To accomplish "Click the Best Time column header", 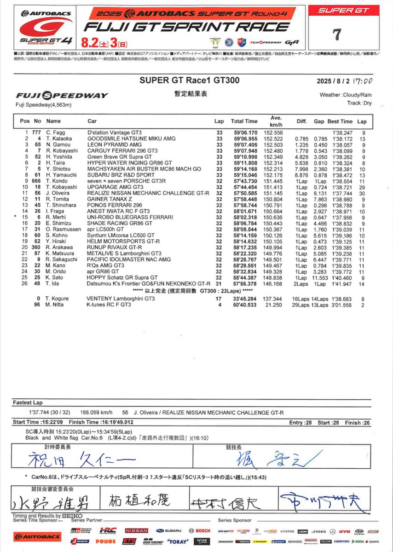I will pyautogui.click(x=340, y=121).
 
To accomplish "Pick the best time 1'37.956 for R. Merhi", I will pyautogui.click(x=340, y=216).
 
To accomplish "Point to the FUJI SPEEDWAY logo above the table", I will pyautogui.click(x=62, y=96).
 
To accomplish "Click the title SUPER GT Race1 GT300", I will pyautogui.click(x=179, y=80).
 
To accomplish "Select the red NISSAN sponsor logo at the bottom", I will pyautogui.click(x=136, y=530).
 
